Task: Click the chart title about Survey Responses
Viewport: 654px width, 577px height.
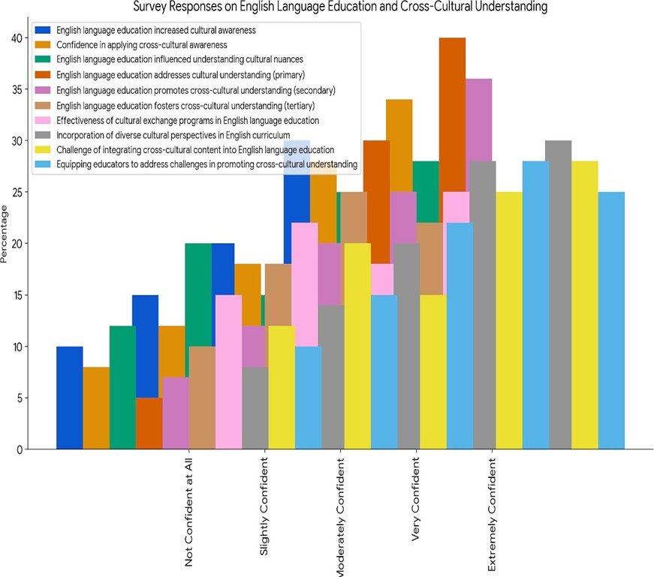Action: coord(340,7)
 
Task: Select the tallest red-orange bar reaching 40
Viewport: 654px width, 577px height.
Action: coord(452,113)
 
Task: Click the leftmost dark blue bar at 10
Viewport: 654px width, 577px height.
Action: coord(69,398)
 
